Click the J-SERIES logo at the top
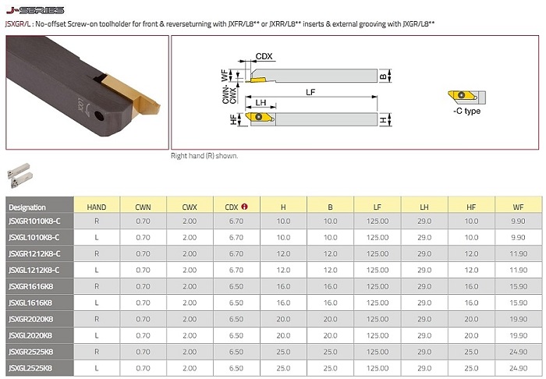point(35,10)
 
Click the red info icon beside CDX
point(244,207)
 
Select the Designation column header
point(27,207)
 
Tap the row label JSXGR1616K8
point(31,286)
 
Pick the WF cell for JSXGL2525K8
point(518,368)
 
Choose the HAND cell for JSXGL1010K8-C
point(97,237)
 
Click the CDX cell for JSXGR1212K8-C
point(236,253)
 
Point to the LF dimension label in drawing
point(310,92)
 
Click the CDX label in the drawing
point(264,56)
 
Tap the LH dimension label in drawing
point(261,103)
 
